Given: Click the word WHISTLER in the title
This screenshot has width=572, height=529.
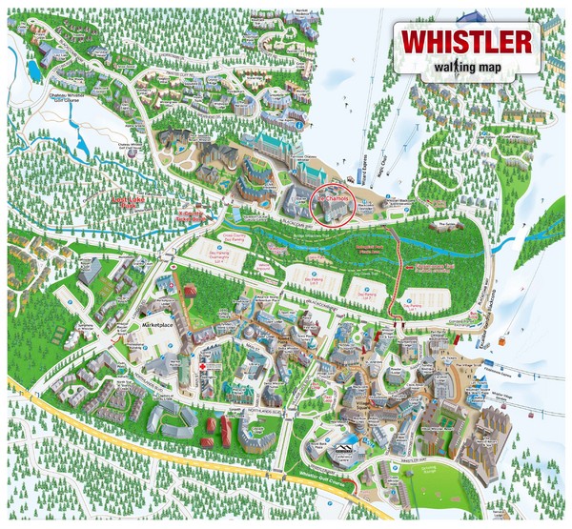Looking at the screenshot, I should pos(465,42).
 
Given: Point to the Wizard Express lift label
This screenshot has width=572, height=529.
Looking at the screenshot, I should pos(358,147).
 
